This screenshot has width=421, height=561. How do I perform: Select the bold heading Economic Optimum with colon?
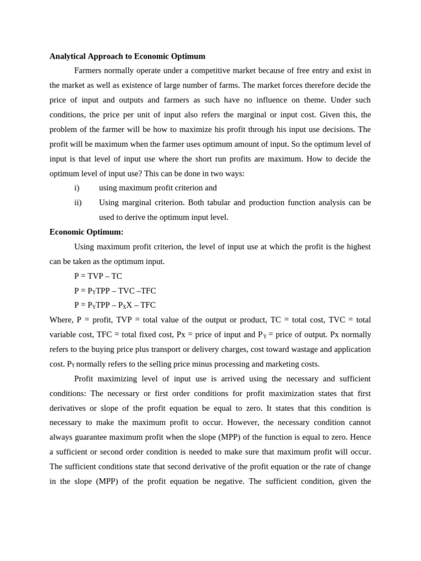[86, 232]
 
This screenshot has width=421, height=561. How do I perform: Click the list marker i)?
[77, 188]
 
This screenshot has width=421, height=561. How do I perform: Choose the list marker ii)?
[78, 203]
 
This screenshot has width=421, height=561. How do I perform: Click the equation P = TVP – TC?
[98, 276]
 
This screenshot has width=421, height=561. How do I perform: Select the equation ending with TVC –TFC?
[115, 291]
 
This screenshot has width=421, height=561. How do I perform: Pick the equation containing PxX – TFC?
[115, 305]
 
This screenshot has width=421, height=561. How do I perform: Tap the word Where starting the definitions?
[60, 320]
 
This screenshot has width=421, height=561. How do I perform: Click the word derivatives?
[70, 408]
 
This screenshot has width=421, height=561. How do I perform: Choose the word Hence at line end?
[360, 437]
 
